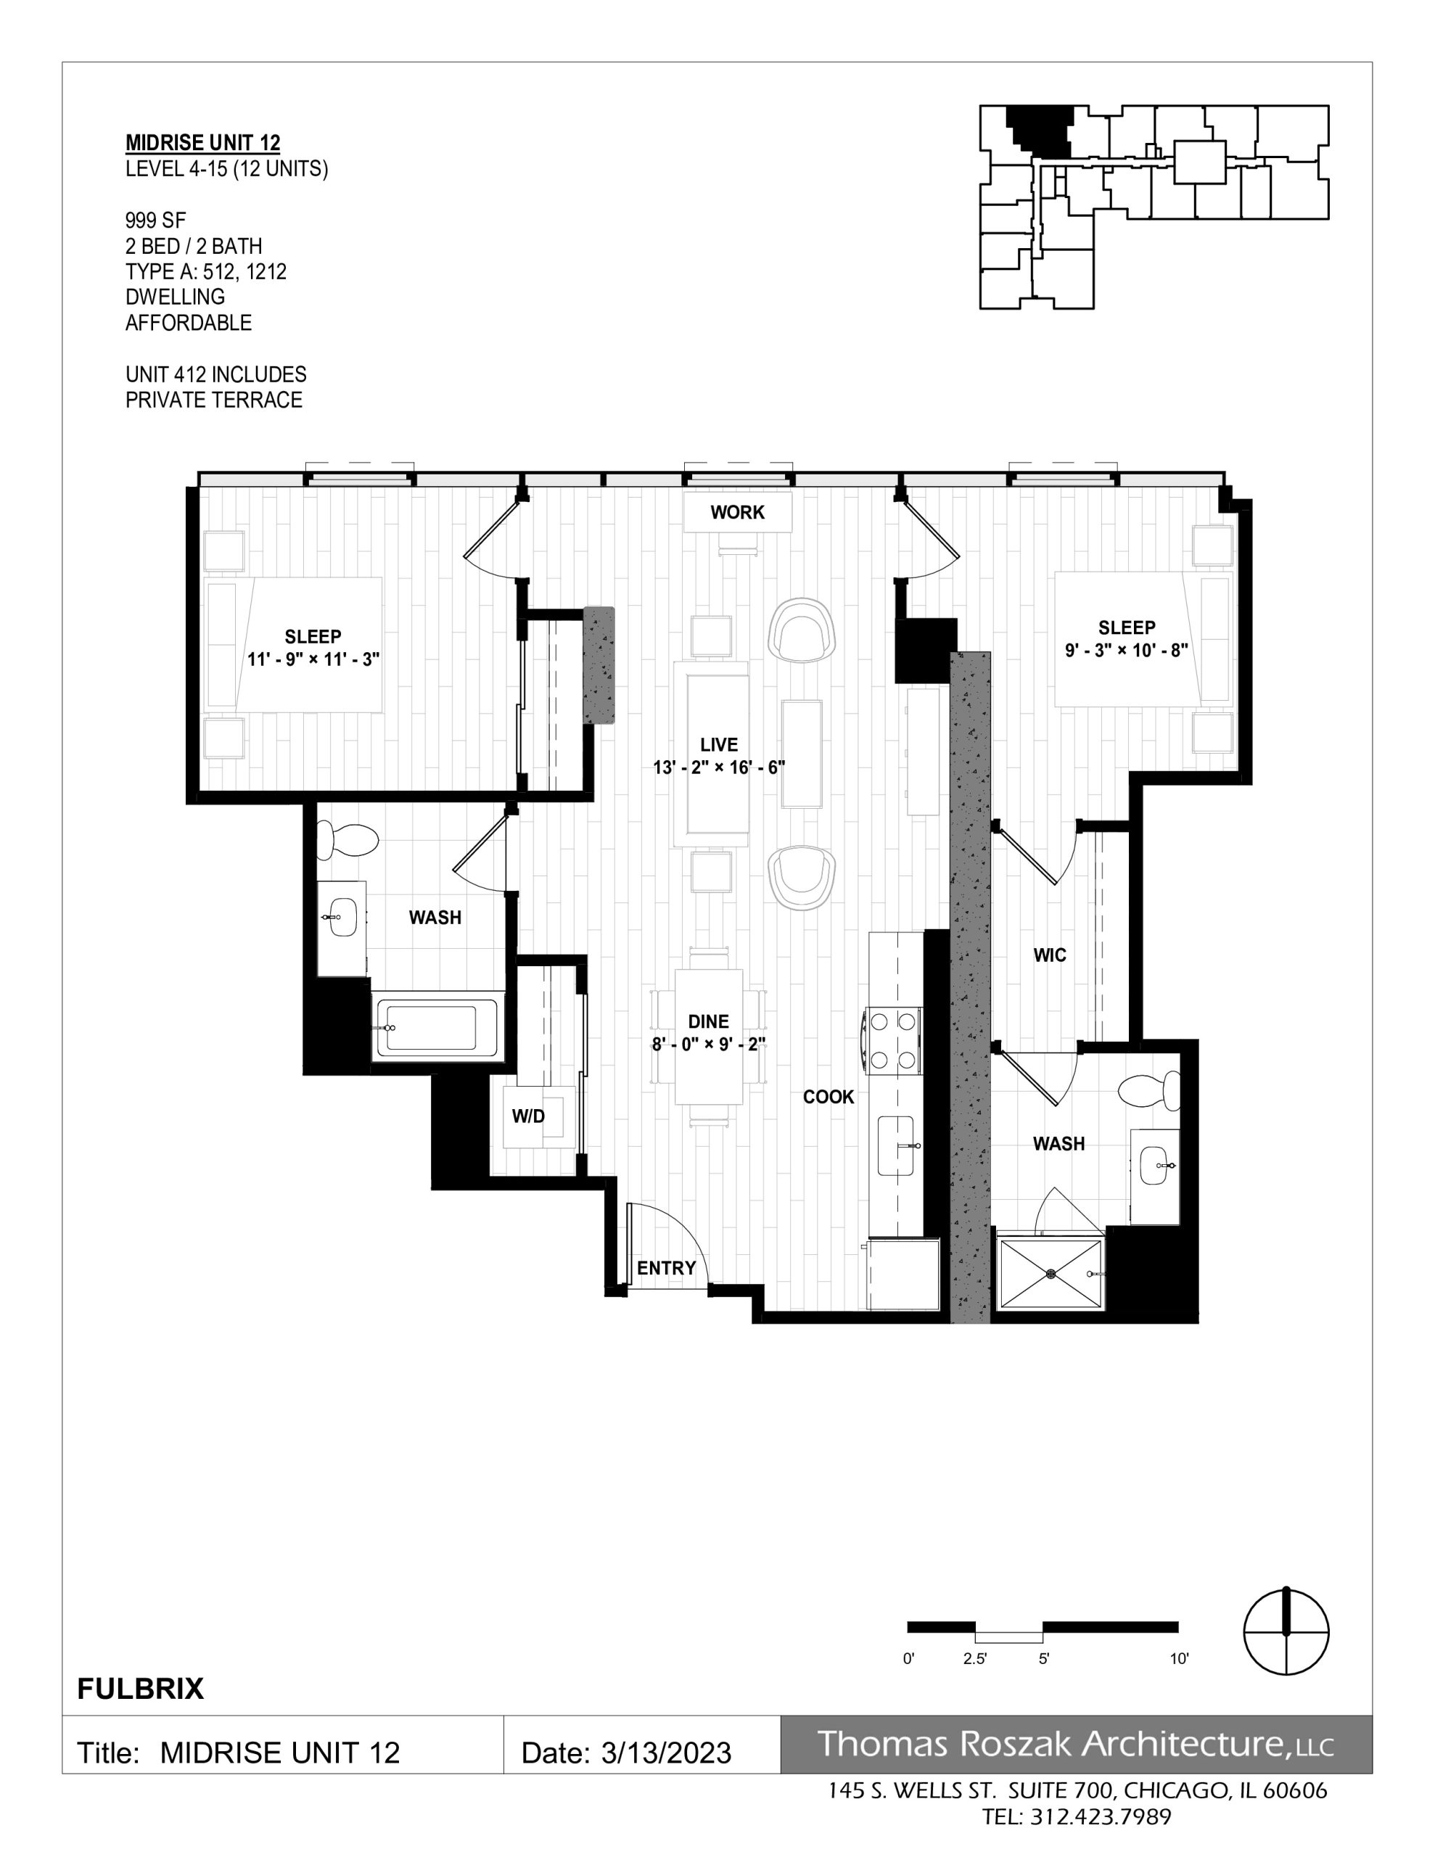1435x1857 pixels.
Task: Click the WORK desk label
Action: tap(738, 512)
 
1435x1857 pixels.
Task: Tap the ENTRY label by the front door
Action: tap(666, 1268)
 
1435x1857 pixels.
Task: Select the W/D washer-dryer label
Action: tap(527, 1116)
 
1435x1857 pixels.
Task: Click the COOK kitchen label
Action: tap(828, 1097)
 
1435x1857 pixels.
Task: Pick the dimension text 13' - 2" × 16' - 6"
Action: tap(719, 767)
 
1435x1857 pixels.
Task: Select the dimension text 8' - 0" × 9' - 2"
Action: tap(709, 1044)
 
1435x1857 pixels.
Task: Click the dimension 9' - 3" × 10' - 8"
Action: tap(1126, 651)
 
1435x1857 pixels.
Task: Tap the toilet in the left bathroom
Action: tap(347, 840)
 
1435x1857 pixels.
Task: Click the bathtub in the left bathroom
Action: tap(439, 1028)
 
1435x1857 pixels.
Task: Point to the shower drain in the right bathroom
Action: tap(1051, 1274)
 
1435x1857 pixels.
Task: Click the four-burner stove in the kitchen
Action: tap(892, 1039)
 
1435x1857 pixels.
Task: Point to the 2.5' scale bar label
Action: tap(975, 1658)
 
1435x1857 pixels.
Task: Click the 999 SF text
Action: tap(156, 221)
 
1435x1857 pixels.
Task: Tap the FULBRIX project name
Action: tap(140, 1688)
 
